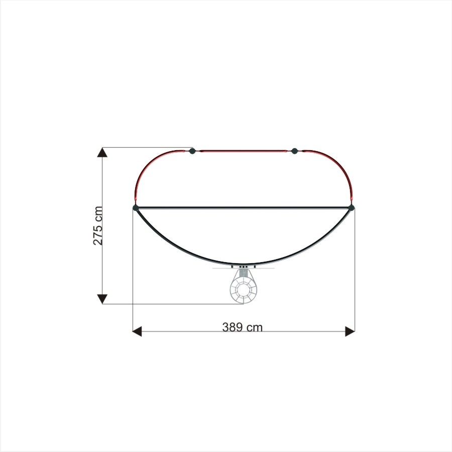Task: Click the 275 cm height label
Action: point(98,225)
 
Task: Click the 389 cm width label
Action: point(243,327)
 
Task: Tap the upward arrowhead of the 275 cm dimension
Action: point(102,152)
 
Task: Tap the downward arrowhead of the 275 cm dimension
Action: point(102,299)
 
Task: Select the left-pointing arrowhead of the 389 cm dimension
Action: point(137,331)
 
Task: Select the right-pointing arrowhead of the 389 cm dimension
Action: point(350,331)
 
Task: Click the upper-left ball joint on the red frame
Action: point(192,151)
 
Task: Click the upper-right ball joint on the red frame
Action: point(294,151)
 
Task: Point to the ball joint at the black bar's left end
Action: point(136,207)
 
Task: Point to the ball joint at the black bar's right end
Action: point(351,207)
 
